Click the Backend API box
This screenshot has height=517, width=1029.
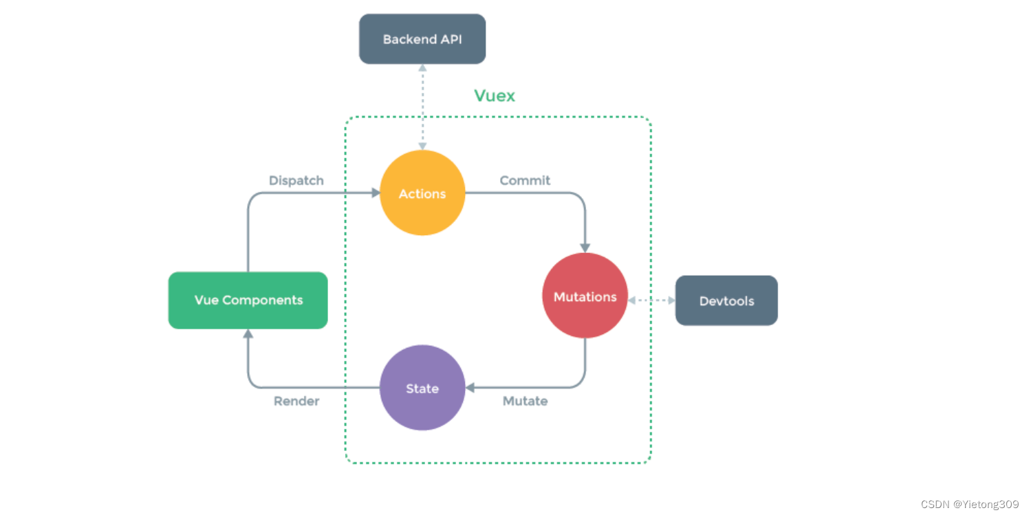click(x=422, y=39)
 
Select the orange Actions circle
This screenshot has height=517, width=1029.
click(x=422, y=193)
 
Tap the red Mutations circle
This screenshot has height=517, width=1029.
click(x=585, y=296)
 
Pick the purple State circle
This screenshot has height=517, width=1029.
click(x=422, y=388)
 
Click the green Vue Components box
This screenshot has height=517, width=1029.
click(x=248, y=300)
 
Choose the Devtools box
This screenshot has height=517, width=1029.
click(x=726, y=300)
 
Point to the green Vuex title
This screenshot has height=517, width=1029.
click(x=495, y=96)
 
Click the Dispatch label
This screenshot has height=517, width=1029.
click(x=296, y=181)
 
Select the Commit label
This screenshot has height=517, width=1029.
click(x=525, y=181)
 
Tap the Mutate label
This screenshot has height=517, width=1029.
click(x=525, y=401)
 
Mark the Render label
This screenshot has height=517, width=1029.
click(x=296, y=401)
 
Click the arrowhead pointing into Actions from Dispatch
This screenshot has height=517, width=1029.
click(x=376, y=193)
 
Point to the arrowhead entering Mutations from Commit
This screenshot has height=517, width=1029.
click(x=585, y=247)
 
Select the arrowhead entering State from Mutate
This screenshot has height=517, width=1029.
click(x=470, y=388)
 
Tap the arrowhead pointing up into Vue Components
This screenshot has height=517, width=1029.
click(x=248, y=334)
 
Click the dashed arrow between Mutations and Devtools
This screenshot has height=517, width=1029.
click(x=651, y=300)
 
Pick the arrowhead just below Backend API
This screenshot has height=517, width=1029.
click(x=422, y=68)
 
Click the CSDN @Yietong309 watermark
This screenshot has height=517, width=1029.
click(x=970, y=505)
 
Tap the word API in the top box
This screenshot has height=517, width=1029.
click(x=451, y=39)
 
